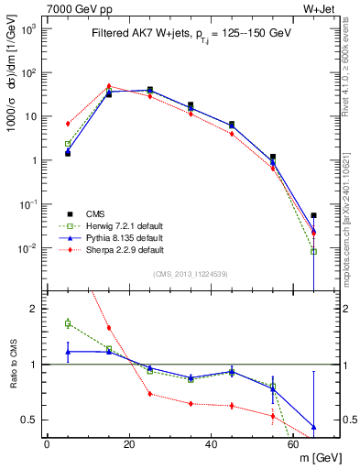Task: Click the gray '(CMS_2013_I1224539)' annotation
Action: pos(191,273)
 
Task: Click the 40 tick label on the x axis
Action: pos(212,444)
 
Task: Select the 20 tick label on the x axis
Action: pos(129,444)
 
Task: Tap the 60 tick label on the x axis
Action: pos(294,444)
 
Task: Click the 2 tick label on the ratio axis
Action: pos(35,309)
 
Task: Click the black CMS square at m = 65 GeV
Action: pos(314,215)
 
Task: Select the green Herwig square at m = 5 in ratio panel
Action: pos(68,322)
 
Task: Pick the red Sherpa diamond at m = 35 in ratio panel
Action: pos(191,403)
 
